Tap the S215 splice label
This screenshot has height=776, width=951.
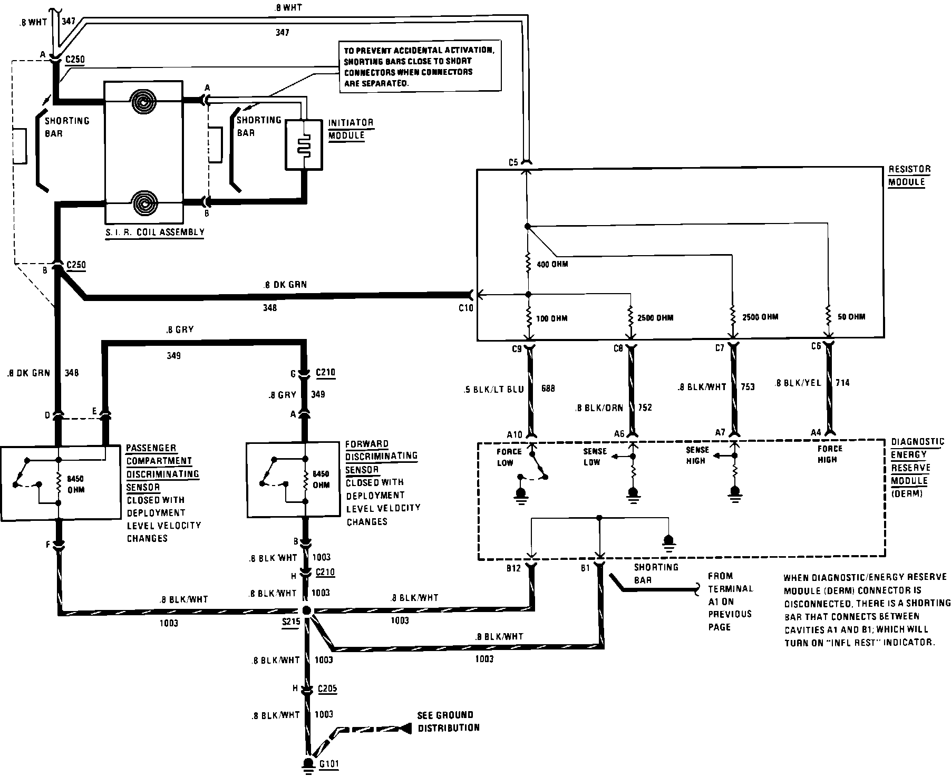[x=291, y=622]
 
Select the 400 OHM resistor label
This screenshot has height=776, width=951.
[x=552, y=264]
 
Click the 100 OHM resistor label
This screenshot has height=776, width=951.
[x=552, y=318]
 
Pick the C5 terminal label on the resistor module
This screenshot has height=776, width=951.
[x=513, y=162]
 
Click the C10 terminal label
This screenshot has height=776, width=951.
[x=466, y=308]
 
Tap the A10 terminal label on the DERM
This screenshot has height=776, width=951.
[x=515, y=434]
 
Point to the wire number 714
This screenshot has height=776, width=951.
[x=842, y=383]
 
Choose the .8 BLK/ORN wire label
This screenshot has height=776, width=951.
[x=599, y=408]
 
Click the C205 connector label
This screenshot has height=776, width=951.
[x=327, y=689]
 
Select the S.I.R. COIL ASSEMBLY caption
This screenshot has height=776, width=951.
[x=155, y=232]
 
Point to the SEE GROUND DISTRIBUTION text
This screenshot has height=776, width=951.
[x=449, y=722]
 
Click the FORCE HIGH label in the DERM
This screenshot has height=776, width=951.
[x=830, y=454]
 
